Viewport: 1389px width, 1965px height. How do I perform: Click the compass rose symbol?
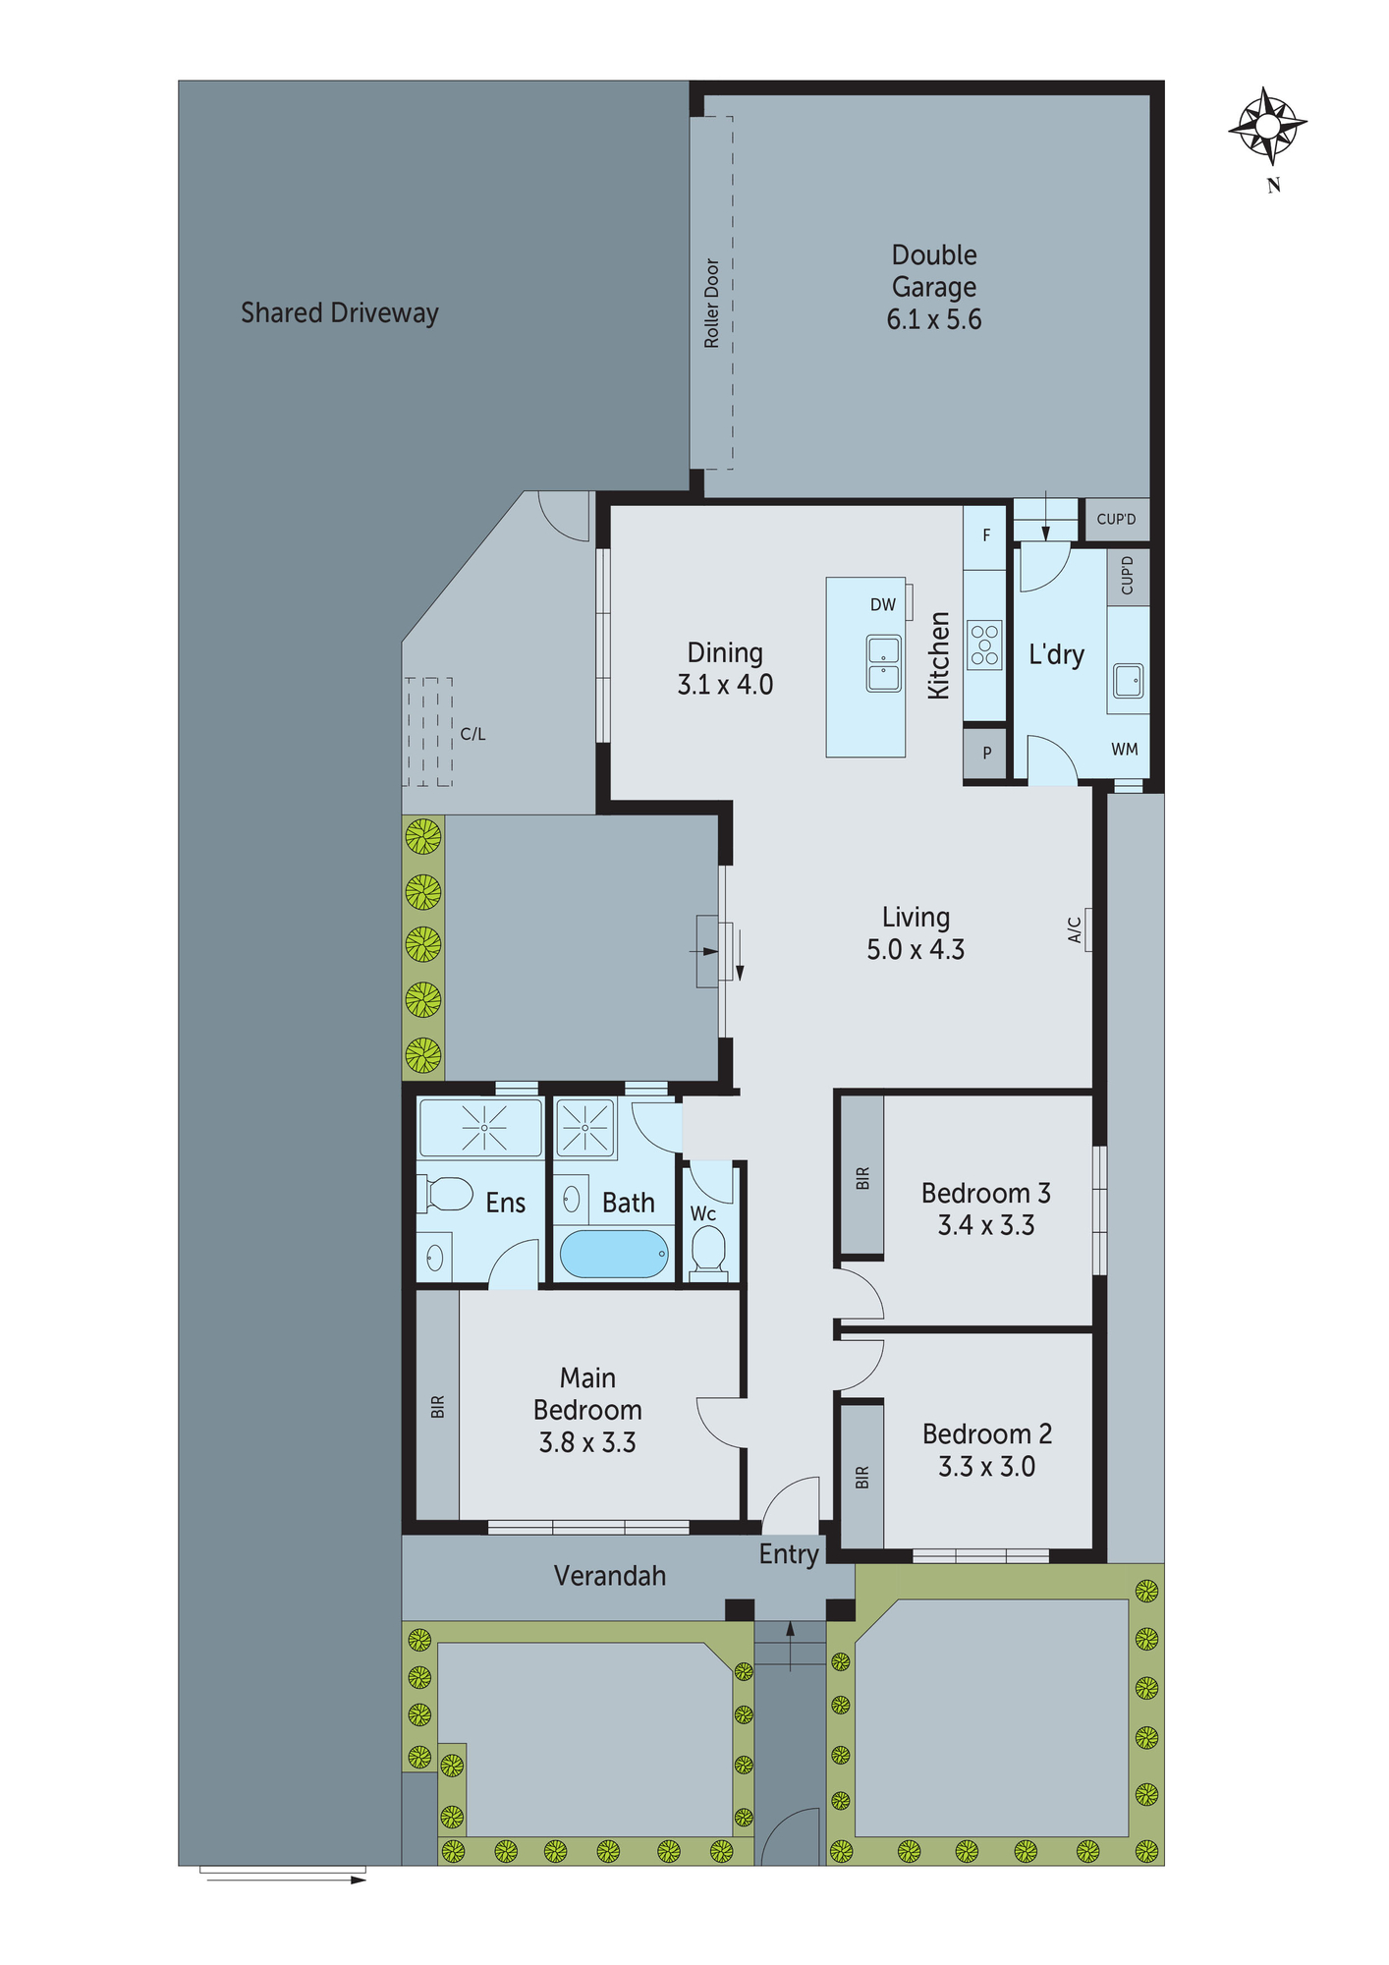1267,126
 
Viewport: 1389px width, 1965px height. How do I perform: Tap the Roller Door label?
712,304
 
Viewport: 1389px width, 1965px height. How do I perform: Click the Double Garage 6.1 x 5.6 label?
934,287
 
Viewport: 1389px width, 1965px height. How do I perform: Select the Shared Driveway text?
340,313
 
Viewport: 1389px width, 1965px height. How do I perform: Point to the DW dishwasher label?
882,605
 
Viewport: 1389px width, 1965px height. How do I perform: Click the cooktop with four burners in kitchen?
984,645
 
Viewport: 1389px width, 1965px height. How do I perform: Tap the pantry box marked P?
986,754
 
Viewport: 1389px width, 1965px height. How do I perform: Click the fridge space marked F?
986,536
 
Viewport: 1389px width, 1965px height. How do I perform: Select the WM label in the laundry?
1124,750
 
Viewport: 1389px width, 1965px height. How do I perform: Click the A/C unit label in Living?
1075,929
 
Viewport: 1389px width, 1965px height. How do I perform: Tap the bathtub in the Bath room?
615,1255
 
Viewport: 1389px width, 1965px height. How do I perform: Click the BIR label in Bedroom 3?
862,1178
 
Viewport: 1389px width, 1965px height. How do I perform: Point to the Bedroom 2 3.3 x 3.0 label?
986,1450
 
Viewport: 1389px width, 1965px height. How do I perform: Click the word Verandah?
610,1576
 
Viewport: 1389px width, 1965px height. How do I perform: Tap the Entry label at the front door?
789,1554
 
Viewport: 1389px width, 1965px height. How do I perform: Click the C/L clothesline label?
472,734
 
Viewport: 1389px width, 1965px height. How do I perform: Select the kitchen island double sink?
883,663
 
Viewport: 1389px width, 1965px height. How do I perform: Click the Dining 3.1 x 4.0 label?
725,669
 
